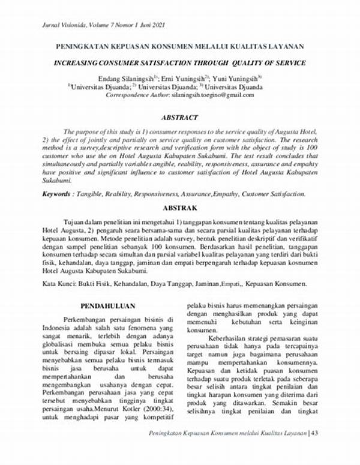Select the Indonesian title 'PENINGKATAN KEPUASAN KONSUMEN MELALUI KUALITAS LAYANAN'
click(180, 46)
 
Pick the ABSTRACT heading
click(179, 118)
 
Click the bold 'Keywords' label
click(59, 194)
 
